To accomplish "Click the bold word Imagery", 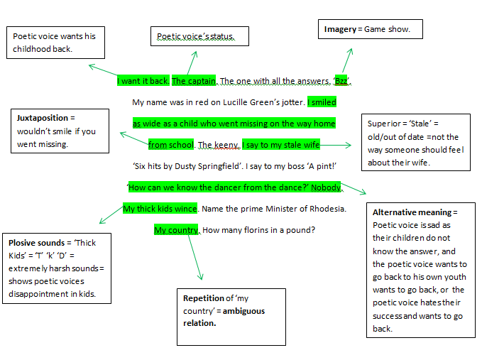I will point(339,29).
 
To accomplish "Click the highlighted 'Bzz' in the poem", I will point(342,81).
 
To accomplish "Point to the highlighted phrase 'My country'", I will point(176,230).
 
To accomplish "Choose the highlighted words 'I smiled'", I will point(322,102).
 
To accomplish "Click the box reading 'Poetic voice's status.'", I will point(199,36).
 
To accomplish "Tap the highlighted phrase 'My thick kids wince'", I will point(160,209).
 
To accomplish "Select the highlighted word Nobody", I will point(327,187).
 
